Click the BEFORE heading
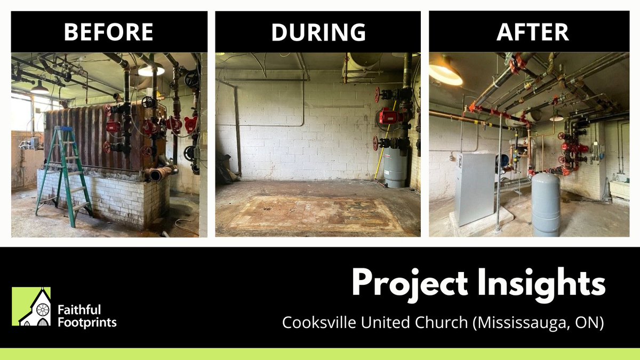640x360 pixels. [109, 32]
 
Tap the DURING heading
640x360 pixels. [318, 32]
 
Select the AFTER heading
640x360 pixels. [532, 32]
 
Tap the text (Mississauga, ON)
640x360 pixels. [535, 324]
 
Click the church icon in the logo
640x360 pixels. [35, 308]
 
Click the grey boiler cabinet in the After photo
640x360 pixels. [475, 188]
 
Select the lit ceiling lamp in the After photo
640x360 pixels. [445, 74]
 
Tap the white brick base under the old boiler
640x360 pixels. [101, 197]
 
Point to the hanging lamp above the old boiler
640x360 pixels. [151, 70]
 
